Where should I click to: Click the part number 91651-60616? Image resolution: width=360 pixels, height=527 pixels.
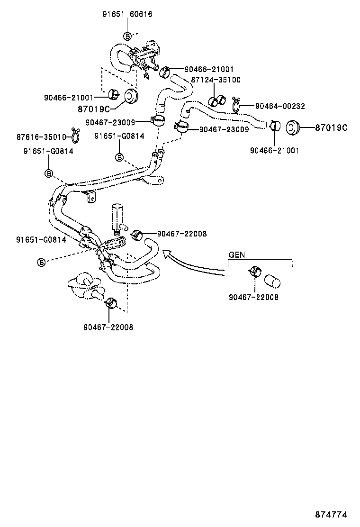pyautogui.click(x=127, y=14)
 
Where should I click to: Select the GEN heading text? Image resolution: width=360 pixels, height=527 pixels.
pyautogui.click(x=237, y=254)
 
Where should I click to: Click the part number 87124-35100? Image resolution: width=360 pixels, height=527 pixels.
pyautogui.click(x=216, y=80)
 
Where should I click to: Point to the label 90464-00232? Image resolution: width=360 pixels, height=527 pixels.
pyautogui.click(x=280, y=107)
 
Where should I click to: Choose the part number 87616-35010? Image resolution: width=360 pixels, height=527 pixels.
pyautogui.click(x=42, y=136)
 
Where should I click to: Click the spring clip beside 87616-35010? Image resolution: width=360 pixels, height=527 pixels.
pyautogui.click(x=74, y=136)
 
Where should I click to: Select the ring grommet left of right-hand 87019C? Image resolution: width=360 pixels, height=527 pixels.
pyautogui.click(x=294, y=127)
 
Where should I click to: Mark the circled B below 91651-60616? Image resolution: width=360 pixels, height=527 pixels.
pyautogui.click(x=127, y=36)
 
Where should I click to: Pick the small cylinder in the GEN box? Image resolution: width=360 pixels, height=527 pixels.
pyautogui.click(x=273, y=282)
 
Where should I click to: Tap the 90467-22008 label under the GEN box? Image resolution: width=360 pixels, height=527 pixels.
pyautogui.click(x=253, y=297)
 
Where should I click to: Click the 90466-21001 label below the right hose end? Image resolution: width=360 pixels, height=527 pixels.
pyautogui.click(x=275, y=150)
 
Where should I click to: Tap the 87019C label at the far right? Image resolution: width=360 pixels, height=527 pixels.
pyautogui.click(x=331, y=127)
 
